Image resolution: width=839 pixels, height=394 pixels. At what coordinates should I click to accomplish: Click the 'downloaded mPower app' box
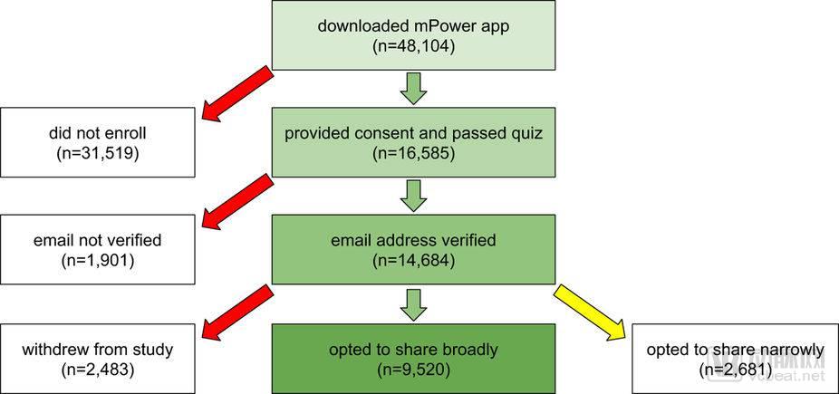[x=413, y=35]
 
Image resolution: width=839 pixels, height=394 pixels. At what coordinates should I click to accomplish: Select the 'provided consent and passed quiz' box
[x=413, y=142]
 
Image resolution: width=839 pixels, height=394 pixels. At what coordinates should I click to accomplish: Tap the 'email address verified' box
[x=413, y=250]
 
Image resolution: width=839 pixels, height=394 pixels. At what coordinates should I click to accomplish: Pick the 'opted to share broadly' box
[x=413, y=358]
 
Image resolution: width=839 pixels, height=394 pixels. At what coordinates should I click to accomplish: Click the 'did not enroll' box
[x=97, y=142]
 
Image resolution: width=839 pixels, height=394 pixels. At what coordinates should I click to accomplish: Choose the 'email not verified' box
[x=97, y=250]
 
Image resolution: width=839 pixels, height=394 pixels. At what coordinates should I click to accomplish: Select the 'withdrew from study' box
[x=97, y=358]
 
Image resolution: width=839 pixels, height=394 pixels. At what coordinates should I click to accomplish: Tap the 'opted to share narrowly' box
[x=735, y=358]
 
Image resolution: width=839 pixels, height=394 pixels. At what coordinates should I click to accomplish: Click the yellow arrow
[x=590, y=312]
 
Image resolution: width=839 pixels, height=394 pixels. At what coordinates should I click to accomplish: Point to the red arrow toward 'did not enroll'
[x=238, y=93]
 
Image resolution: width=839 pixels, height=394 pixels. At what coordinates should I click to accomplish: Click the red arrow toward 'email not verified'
[x=238, y=202]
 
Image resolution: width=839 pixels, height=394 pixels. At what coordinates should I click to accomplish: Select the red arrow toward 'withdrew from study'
[x=238, y=312]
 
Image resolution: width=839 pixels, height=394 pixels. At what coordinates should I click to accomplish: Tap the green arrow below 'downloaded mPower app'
[x=414, y=88]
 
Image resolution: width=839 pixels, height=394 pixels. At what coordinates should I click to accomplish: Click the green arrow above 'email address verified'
[x=414, y=196]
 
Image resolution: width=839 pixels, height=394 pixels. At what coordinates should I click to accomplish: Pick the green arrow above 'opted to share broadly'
[x=414, y=305]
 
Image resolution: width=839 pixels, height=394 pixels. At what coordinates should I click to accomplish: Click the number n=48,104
[x=414, y=46]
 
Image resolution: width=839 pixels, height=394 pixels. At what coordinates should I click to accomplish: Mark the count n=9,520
[x=414, y=369]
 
